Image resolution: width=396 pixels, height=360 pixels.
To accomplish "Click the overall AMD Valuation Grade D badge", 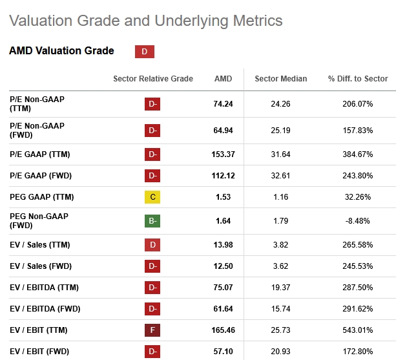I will coord(144,52).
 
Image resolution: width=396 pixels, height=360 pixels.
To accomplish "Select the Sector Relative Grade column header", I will coord(153,79).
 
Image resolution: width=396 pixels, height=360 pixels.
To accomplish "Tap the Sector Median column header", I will coord(280,79).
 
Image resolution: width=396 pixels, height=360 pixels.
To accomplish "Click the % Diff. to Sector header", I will coord(357,79).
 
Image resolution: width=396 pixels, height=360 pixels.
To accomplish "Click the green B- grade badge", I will coord(152,220).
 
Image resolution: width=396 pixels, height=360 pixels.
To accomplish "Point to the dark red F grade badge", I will coord(152,330).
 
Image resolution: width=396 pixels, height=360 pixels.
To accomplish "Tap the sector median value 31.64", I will coord(280,154).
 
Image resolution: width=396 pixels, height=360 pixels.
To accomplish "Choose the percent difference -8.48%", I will coord(357,220).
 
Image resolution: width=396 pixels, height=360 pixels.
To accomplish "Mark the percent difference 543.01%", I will coord(357,330).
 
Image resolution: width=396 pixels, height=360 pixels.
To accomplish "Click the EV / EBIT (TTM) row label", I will coord(38,330).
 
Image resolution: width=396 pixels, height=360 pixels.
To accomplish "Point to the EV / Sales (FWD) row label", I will coord(40,266).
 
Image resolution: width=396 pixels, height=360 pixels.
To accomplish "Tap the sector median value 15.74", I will coord(280,309).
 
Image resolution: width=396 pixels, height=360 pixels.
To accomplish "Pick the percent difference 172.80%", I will coord(357,352).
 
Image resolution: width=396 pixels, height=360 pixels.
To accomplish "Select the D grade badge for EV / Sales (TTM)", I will coord(152,245).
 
